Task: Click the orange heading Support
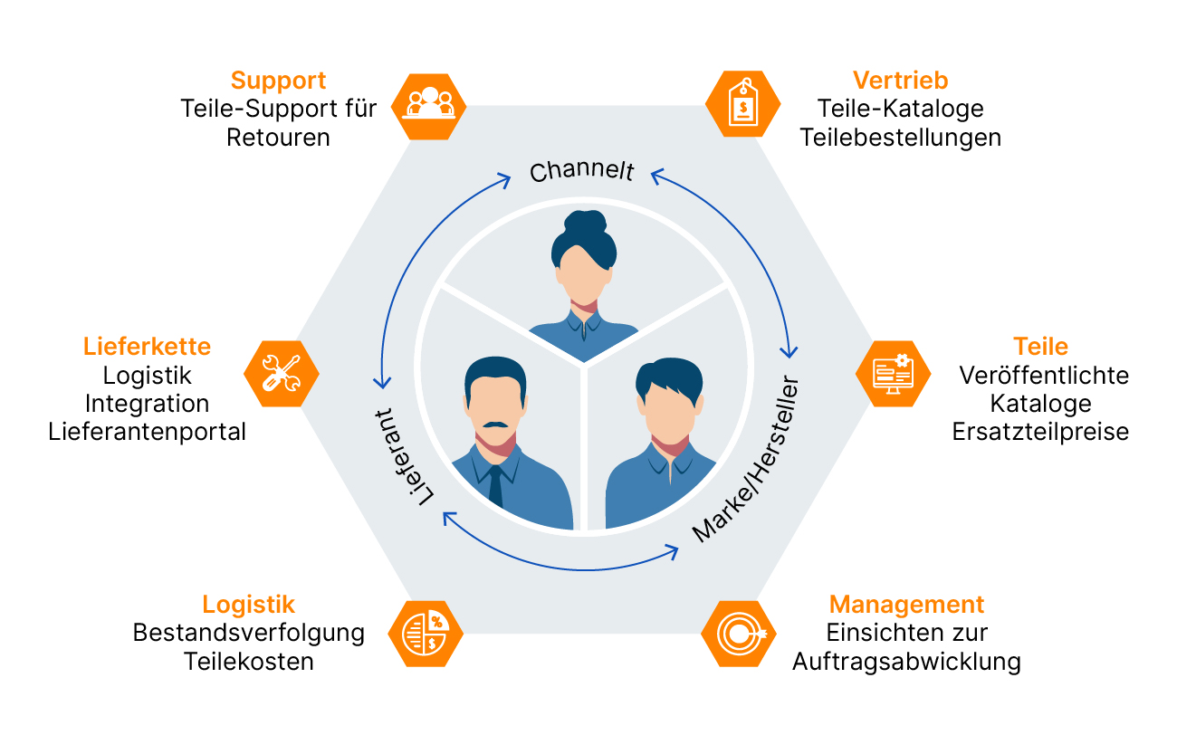tap(278, 81)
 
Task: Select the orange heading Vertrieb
tap(900, 81)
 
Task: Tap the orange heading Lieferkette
tap(147, 346)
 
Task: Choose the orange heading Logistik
tap(248, 605)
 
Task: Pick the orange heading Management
tap(906, 605)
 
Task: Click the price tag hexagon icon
tap(742, 106)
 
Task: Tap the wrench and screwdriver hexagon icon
tap(282, 373)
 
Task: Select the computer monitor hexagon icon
tap(893, 373)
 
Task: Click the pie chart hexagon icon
tap(426, 633)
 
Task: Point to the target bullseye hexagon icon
tap(739, 633)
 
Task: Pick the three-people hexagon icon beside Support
tap(429, 106)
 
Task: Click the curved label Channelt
tap(582, 171)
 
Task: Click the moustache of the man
tap(495, 425)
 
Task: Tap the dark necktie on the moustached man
tap(495, 486)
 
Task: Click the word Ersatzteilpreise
tap(1040, 432)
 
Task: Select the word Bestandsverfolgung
tap(248, 633)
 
